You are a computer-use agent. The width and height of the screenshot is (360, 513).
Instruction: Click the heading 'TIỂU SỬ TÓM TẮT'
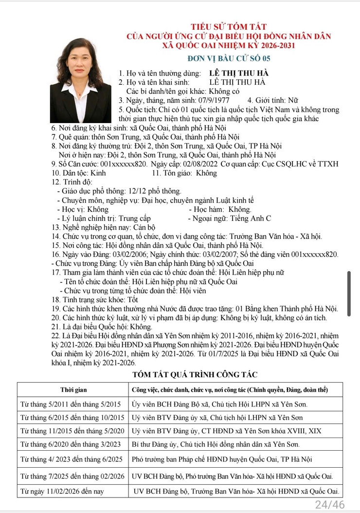[x=229, y=26]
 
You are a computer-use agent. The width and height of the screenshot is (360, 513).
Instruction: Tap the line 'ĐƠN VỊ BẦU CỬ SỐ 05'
[x=229, y=59]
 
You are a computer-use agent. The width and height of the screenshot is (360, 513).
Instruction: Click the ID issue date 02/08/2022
[x=200, y=164]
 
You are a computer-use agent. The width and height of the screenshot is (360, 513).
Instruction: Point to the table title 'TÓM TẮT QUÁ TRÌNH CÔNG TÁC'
[x=195, y=374]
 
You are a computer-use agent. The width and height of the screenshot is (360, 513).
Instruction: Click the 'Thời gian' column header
[x=73, y=390]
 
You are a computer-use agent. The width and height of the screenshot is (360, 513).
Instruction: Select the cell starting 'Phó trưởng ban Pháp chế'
[x=222, y=459]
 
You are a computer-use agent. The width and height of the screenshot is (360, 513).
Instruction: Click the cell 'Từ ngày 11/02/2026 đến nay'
[x=62, y=491]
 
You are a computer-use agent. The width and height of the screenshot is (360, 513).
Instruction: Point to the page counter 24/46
[x=330, y=504]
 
